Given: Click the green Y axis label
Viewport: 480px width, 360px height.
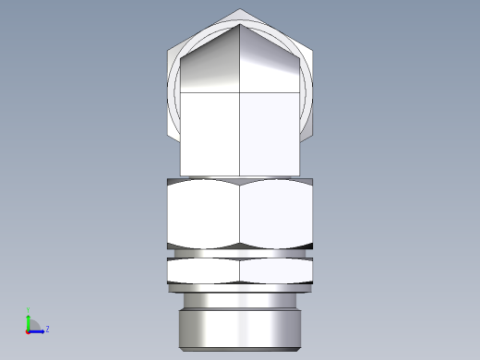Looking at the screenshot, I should coord(28,310).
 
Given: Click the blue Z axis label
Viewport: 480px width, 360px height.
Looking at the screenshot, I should coord(47,328).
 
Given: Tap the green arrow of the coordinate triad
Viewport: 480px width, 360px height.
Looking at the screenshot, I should coord(28,319).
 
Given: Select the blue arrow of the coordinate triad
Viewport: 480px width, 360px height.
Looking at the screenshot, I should coord(39,330).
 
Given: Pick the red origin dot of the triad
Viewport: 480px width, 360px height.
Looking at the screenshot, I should coord(28,330).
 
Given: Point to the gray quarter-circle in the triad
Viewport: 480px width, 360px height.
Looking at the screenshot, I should coord(32,325).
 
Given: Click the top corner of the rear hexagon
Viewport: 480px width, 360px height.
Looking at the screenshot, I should coord(240,10).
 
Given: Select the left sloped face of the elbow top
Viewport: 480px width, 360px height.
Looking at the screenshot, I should coord(210,65).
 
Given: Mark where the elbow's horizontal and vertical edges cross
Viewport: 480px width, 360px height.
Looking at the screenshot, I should coord(240,93).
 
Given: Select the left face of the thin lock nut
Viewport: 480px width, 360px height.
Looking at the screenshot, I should coord(204,270).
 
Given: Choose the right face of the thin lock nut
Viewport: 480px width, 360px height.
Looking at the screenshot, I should coord(276,270).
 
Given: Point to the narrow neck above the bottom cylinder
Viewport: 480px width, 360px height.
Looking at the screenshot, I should coord(240,301).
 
